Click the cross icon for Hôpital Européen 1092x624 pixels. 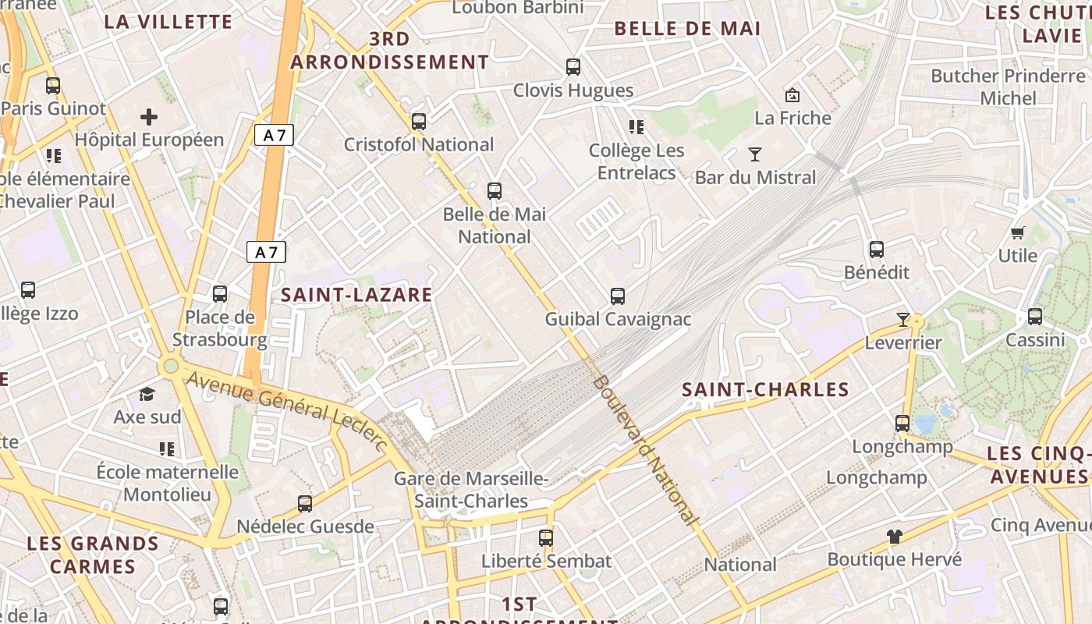(x=149, y=118)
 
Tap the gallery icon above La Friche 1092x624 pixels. (x=792, y=95)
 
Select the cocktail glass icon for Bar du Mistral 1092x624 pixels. (x=754, y=154)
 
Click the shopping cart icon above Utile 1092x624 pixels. (x=1017, y=232)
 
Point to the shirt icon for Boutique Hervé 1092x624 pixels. (x=894, y=537)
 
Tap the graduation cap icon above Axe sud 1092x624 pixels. (x=147, y=394)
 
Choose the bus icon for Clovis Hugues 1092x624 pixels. (x=573, y=67)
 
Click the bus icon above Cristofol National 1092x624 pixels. (x=419, y=122)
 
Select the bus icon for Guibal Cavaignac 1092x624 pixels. (x=618, y=296)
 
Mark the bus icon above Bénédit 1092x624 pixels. (x=877, y=250)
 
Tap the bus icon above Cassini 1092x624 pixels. (x=1035, y=317)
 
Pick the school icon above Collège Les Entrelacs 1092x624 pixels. (x=636, y=126)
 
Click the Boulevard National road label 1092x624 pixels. (x=644, y=448)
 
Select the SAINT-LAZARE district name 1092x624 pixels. (x=356, y=295)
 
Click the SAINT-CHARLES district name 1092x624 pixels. (x=765, y=390)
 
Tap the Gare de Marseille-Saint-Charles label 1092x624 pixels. (x=471, y=490)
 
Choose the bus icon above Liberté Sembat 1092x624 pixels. (x=546, y=537)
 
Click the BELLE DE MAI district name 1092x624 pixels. (x=687, y=29)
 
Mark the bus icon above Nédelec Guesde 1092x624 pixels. (x=305, y=504)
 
